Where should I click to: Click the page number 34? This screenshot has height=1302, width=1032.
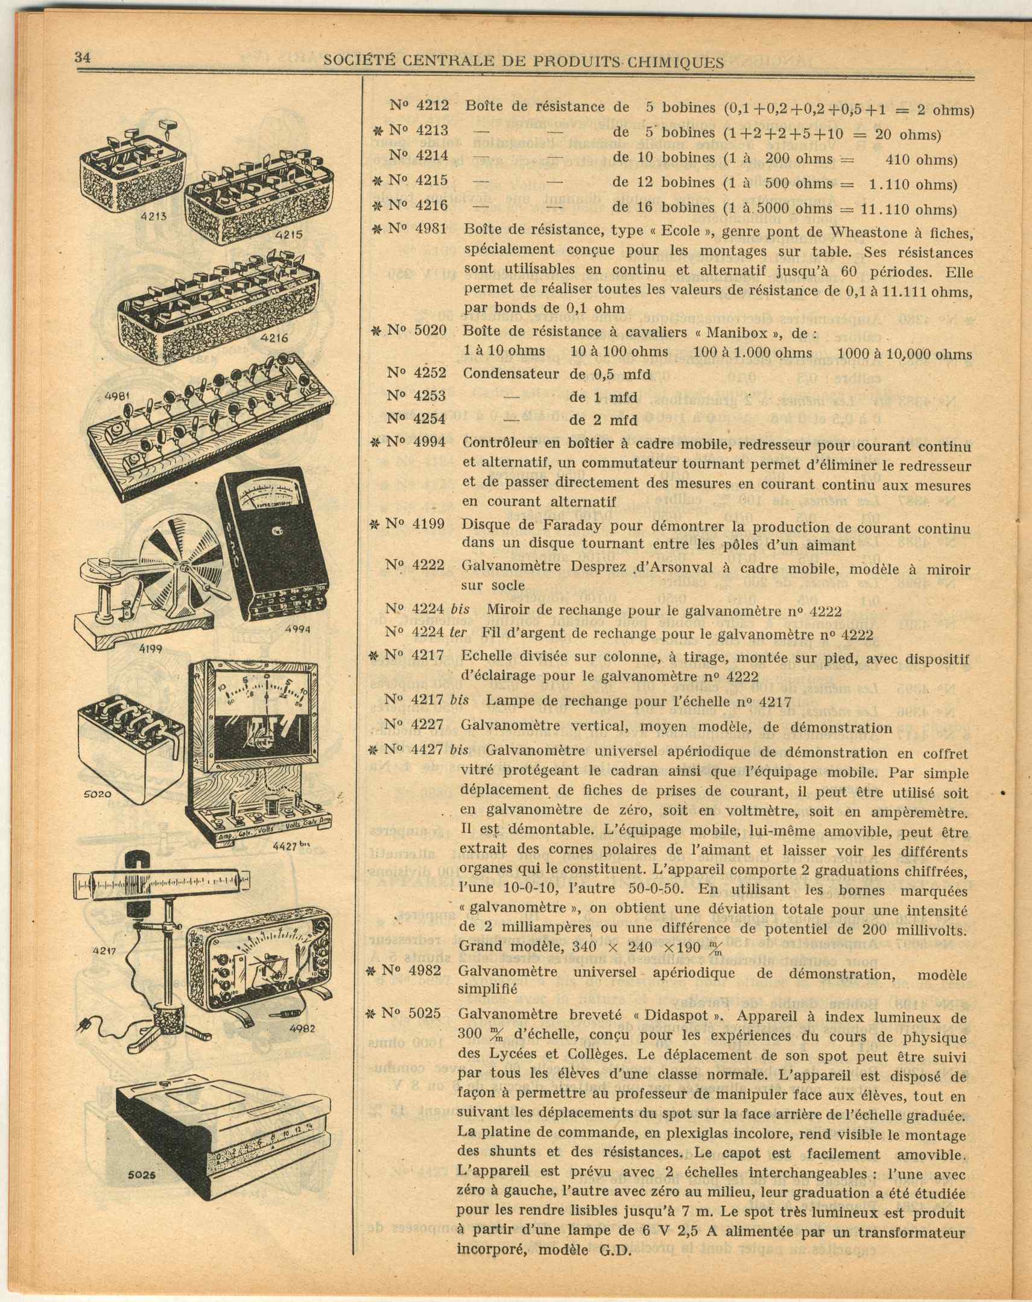pos(82,58)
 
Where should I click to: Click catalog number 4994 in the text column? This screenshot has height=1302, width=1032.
pos(429,442)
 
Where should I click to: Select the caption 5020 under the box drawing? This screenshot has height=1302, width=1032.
pos(96,794)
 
